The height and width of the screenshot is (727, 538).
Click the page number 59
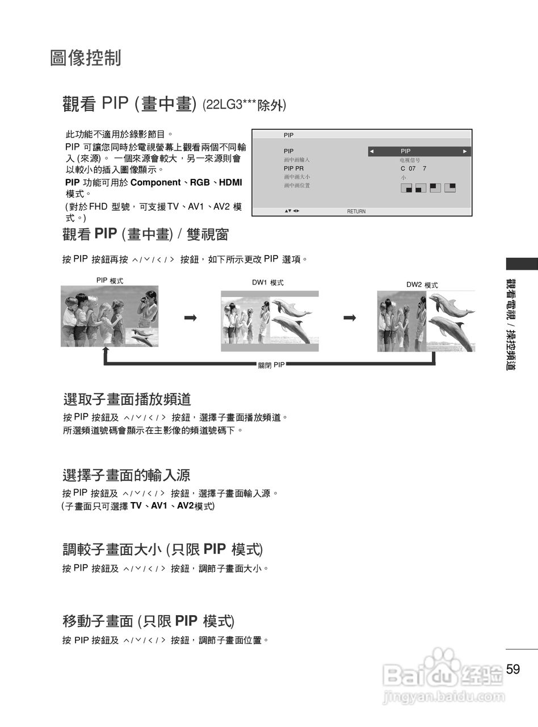pyautogui.click(x=513, y=669)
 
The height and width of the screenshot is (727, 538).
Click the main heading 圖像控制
pyautogui.click(x=86, y=58)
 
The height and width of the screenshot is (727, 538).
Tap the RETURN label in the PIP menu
pyautogui.click(x=356, y=211)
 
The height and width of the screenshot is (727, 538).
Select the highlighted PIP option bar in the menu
pyautogui.click(x=419, y=151)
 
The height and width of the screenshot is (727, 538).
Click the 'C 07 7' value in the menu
pyautogui.click(x=413, y=169)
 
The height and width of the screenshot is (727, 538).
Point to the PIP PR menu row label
pyautogui.click(x=294, y=169)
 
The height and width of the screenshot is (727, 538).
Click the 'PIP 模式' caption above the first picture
pyautogui.click(x=110, y=281)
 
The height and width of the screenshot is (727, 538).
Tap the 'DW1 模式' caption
pyautogui.click(x=268, y=282)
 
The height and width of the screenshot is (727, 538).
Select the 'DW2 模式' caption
pyautogui.click(x=422, y=285)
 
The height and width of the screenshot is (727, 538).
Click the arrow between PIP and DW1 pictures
pyautogui.click(x=190, y=318)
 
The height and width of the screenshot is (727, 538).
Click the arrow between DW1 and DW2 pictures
pyautogui.click(x=350, y=318)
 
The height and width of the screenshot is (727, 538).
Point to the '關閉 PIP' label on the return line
pyautogui.click(x=271, y=365)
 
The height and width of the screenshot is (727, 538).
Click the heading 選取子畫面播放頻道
pyautogui.click(x=127, y=399)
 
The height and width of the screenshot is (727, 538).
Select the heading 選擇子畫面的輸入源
pyautogui.click(x=126, y=475)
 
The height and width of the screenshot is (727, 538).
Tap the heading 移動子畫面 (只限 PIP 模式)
pyautogui.click(x=148, y=621)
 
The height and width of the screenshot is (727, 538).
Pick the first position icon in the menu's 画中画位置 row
pyautogui.click(x=406, y=188)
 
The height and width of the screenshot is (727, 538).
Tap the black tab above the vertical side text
pyautogui.click(x=522, y=264)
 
